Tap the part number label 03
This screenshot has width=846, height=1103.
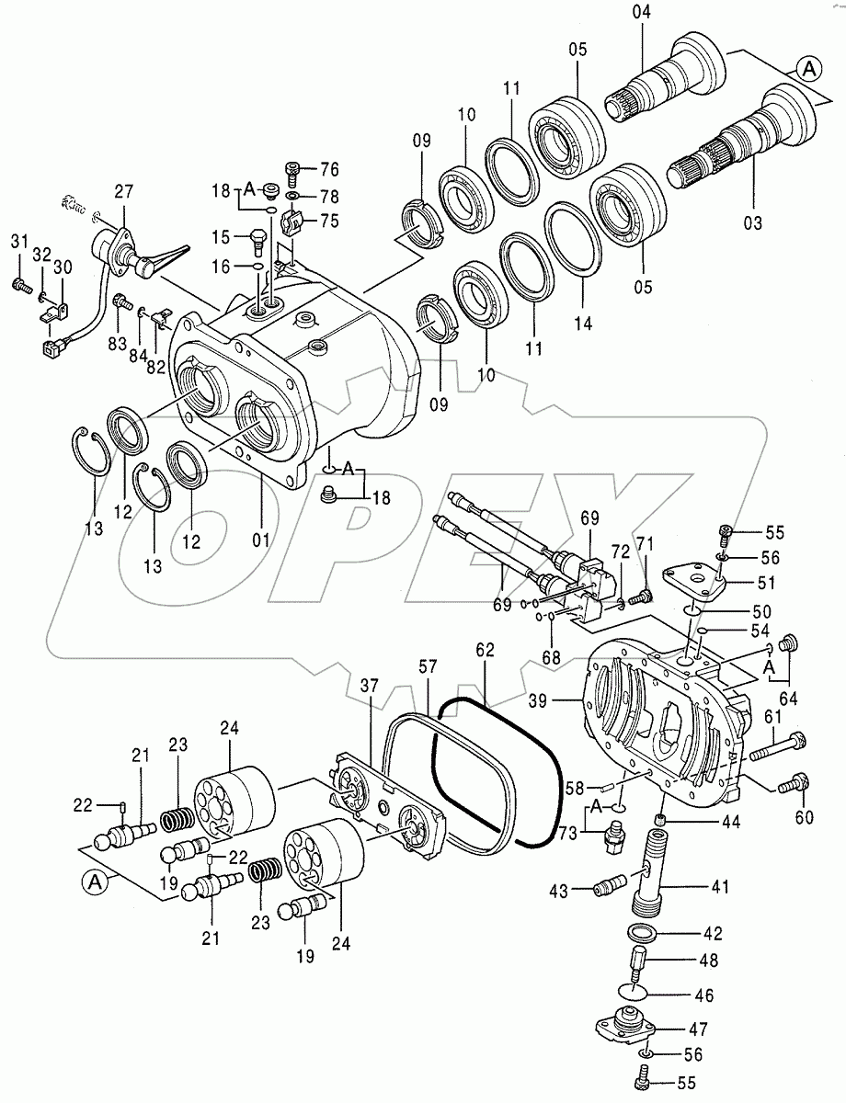click(x=752, y=222)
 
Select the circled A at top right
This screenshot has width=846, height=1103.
click(x=808, y=68)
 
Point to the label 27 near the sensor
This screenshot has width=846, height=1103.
click(x=123, y=192)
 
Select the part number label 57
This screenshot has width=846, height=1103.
click(x=429, y=665)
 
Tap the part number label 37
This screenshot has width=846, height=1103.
click(x=368, y=687)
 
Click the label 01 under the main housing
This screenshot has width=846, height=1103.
click(x=261, y=540)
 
